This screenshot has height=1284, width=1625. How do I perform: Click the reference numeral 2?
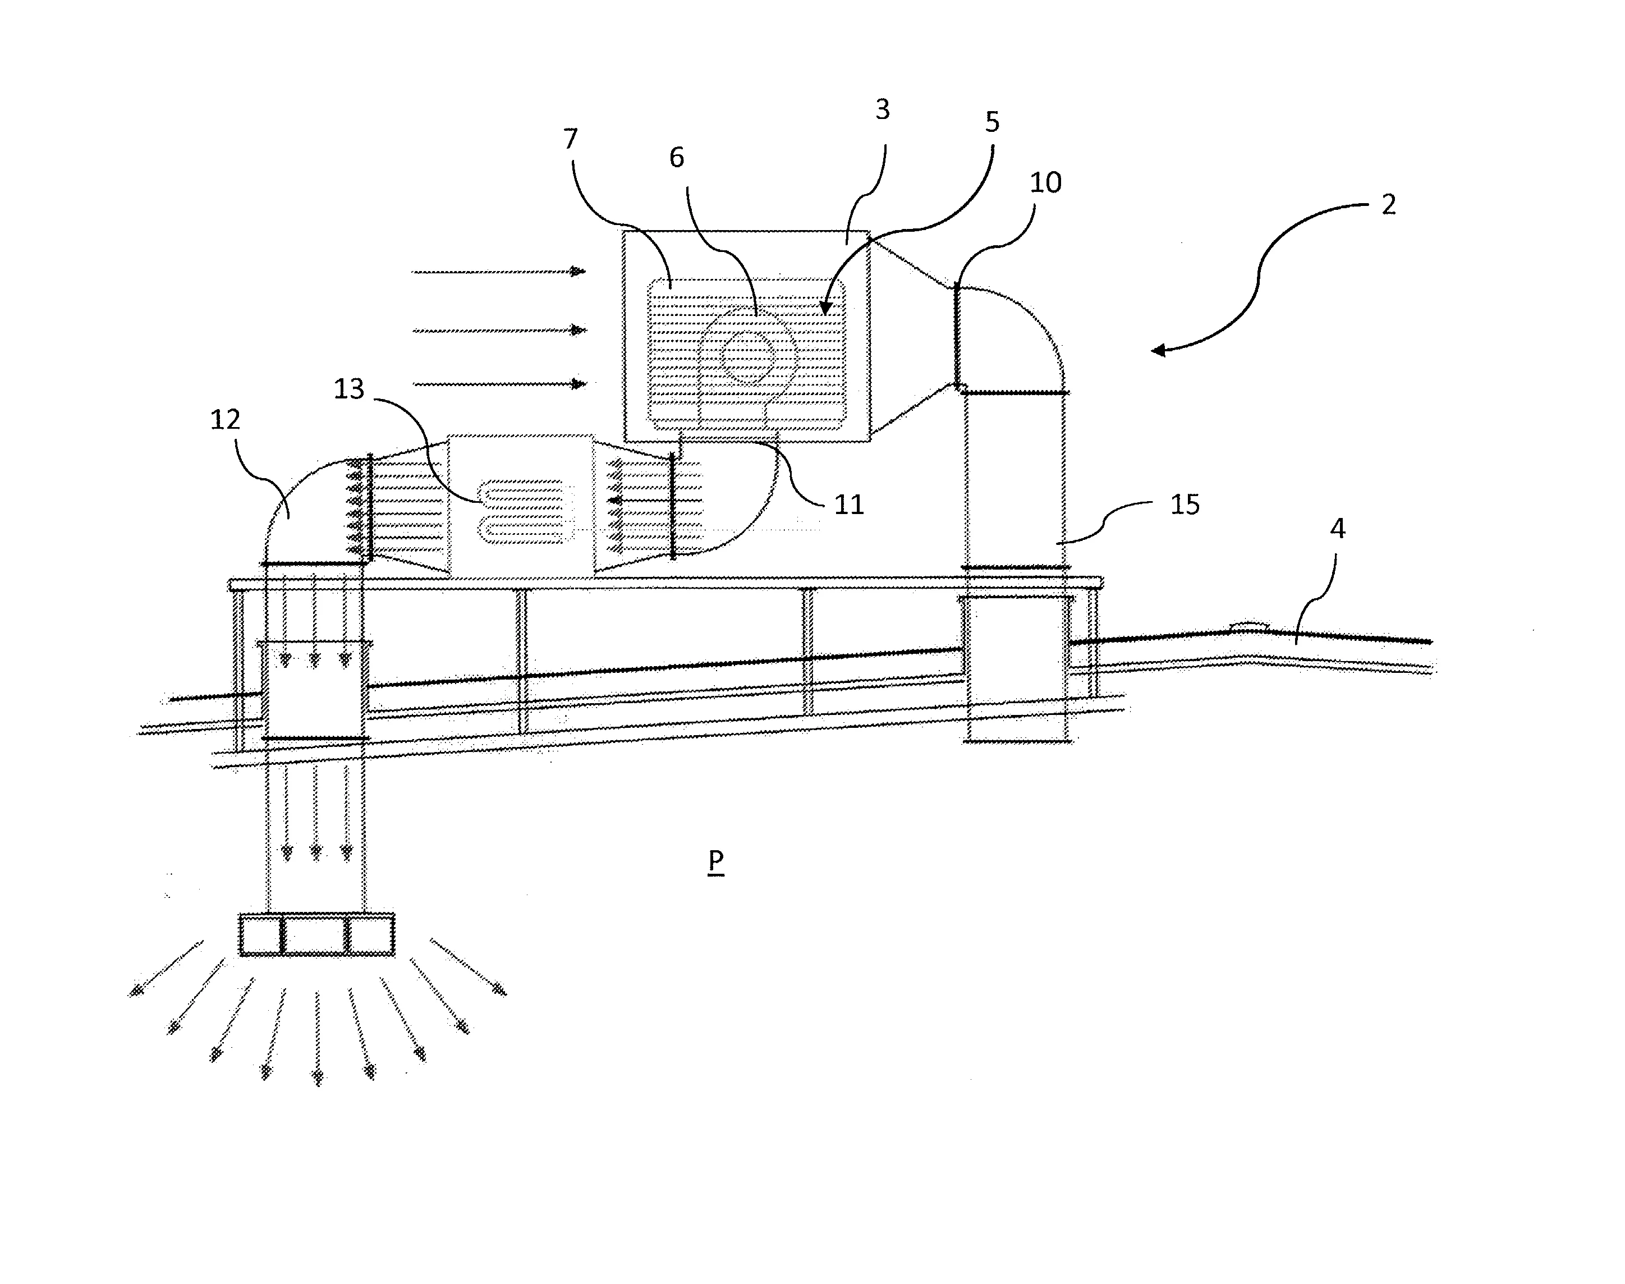point(1388,204)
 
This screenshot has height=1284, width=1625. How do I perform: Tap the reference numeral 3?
point(883,110)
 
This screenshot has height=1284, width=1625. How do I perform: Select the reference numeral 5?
point(992,122)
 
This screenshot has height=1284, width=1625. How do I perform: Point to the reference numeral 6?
point(677,158)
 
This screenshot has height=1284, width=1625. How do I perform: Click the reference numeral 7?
point(571,139)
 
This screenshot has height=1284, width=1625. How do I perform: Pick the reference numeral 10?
point(1045,183)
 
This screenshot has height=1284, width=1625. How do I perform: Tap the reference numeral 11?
point(850,505)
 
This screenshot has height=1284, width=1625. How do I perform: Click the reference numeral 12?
point(225,419)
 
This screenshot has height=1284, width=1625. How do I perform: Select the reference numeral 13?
point(349,389)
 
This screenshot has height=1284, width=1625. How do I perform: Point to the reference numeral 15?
point(1185,505)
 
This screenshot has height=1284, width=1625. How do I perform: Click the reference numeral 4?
point(1337,529)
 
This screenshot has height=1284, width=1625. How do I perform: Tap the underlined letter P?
point(715,861)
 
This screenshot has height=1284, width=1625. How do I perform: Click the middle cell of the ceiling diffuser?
point(316,935)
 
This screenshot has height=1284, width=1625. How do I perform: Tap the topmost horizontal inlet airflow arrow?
point(499,272)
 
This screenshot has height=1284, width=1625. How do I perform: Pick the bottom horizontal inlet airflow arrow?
point(499,384)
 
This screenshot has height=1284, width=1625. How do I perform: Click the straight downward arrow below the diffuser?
point(317,1038)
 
